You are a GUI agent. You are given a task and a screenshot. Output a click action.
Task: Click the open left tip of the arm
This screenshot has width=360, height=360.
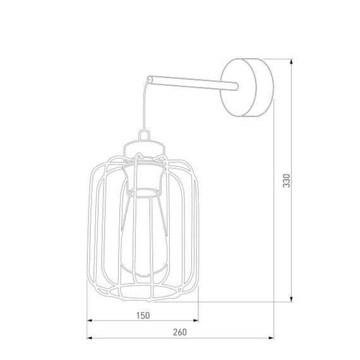pyautogui.click(x=150, y=79)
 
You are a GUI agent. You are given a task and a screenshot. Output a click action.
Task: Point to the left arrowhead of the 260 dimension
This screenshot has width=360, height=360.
pyautogui.click(x=90, y=339)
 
